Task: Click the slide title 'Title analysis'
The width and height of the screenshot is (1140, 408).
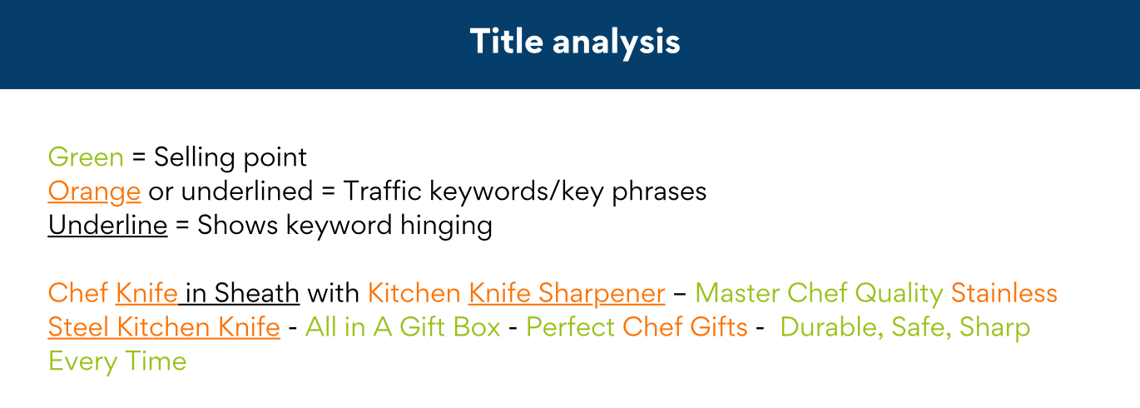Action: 575,42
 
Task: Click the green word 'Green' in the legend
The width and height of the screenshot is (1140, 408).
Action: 86,157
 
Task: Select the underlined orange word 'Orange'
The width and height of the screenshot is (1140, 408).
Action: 94,192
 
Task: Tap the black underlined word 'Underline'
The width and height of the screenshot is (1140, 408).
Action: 107,225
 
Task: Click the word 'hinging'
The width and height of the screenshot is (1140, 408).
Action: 446,226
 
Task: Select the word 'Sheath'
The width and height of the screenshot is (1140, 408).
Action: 256,293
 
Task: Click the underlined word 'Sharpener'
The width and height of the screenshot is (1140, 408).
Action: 602,294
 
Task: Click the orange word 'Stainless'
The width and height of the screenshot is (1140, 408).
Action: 1004,293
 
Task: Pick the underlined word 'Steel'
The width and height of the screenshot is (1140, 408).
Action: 78,327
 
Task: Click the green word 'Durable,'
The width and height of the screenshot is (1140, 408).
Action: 831,328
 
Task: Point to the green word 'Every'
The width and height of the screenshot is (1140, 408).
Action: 82,362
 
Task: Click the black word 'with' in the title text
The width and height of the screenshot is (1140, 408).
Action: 334,293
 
